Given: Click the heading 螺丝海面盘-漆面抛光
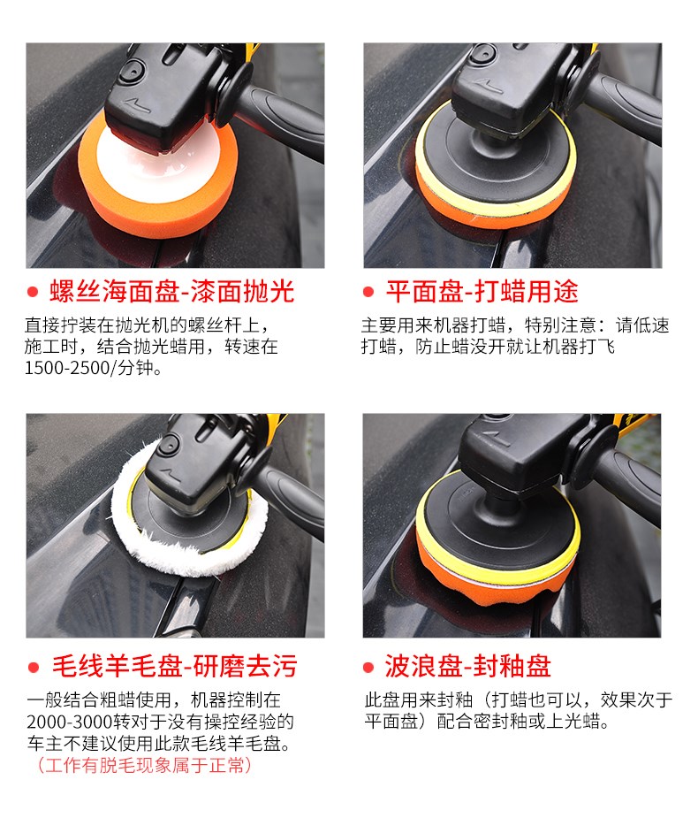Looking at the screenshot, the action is click(x=172, y=291).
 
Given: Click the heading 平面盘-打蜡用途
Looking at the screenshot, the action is click(x=482, y=291).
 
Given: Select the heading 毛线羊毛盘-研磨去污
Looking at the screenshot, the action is click(x=175, y=666).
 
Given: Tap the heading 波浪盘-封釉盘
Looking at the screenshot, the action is click(x=467, y=666).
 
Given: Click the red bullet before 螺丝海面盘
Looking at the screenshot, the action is click(x=33, y=292).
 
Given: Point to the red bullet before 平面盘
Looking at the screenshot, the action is click(x=368, y=292).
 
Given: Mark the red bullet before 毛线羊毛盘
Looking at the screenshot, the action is click(x=34, y=668).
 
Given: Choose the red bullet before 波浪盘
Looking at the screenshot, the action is click(x=368, y=668).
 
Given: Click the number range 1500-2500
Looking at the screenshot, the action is click(x=67, y=368).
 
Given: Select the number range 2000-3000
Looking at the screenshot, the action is click(x=70, y=722).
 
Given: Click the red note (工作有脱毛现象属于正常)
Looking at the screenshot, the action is click(x=144, y=765).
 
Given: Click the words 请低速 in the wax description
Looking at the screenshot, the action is click(x=642, y=325).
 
